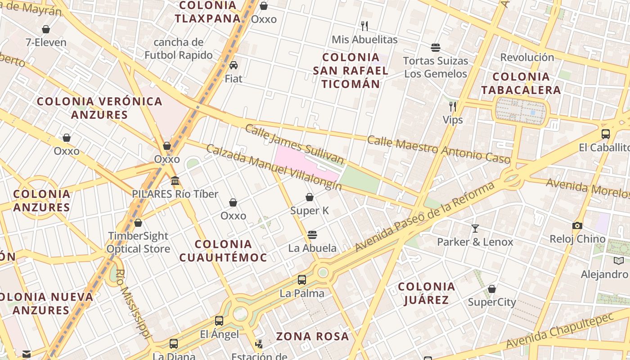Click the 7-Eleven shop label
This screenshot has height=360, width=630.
tap(46, 43)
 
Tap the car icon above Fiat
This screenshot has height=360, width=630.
tap(233, 65)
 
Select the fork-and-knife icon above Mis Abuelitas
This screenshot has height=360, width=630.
tap(364, 26)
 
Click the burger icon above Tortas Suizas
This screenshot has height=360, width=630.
tap(435, 48)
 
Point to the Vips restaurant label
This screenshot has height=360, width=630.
tap(453, 120)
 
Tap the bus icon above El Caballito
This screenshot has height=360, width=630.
tap(606, 134)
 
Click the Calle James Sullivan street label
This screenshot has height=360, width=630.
tap(294, 144)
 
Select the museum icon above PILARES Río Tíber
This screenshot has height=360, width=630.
tap(175, 181)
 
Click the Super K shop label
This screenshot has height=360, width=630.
tap(310, 210)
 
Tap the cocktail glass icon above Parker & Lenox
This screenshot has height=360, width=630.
tap(475, 229)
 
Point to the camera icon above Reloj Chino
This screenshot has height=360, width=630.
tap(577, 225)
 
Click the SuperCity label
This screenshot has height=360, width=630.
tap(492, 302)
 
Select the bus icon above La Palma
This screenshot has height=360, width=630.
tap(302, 280)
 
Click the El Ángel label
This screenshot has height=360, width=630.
tap(220, 334)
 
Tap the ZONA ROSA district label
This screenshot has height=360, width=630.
tap(312, 336)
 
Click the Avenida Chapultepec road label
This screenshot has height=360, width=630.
tap(560, 331)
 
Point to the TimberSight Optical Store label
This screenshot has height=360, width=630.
tap(138, 242)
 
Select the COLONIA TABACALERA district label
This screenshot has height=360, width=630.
tap(521, 83)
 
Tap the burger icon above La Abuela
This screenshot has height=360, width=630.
tap(312, 235)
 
